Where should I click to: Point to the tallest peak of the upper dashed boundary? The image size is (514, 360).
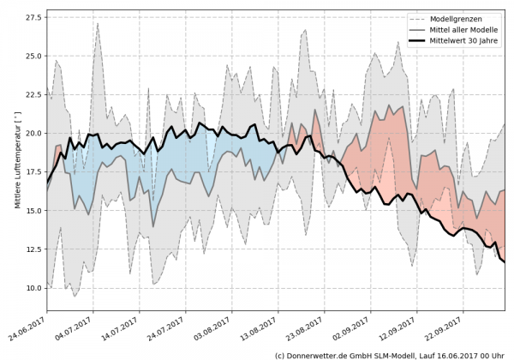98,23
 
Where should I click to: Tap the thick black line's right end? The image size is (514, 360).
505,261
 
